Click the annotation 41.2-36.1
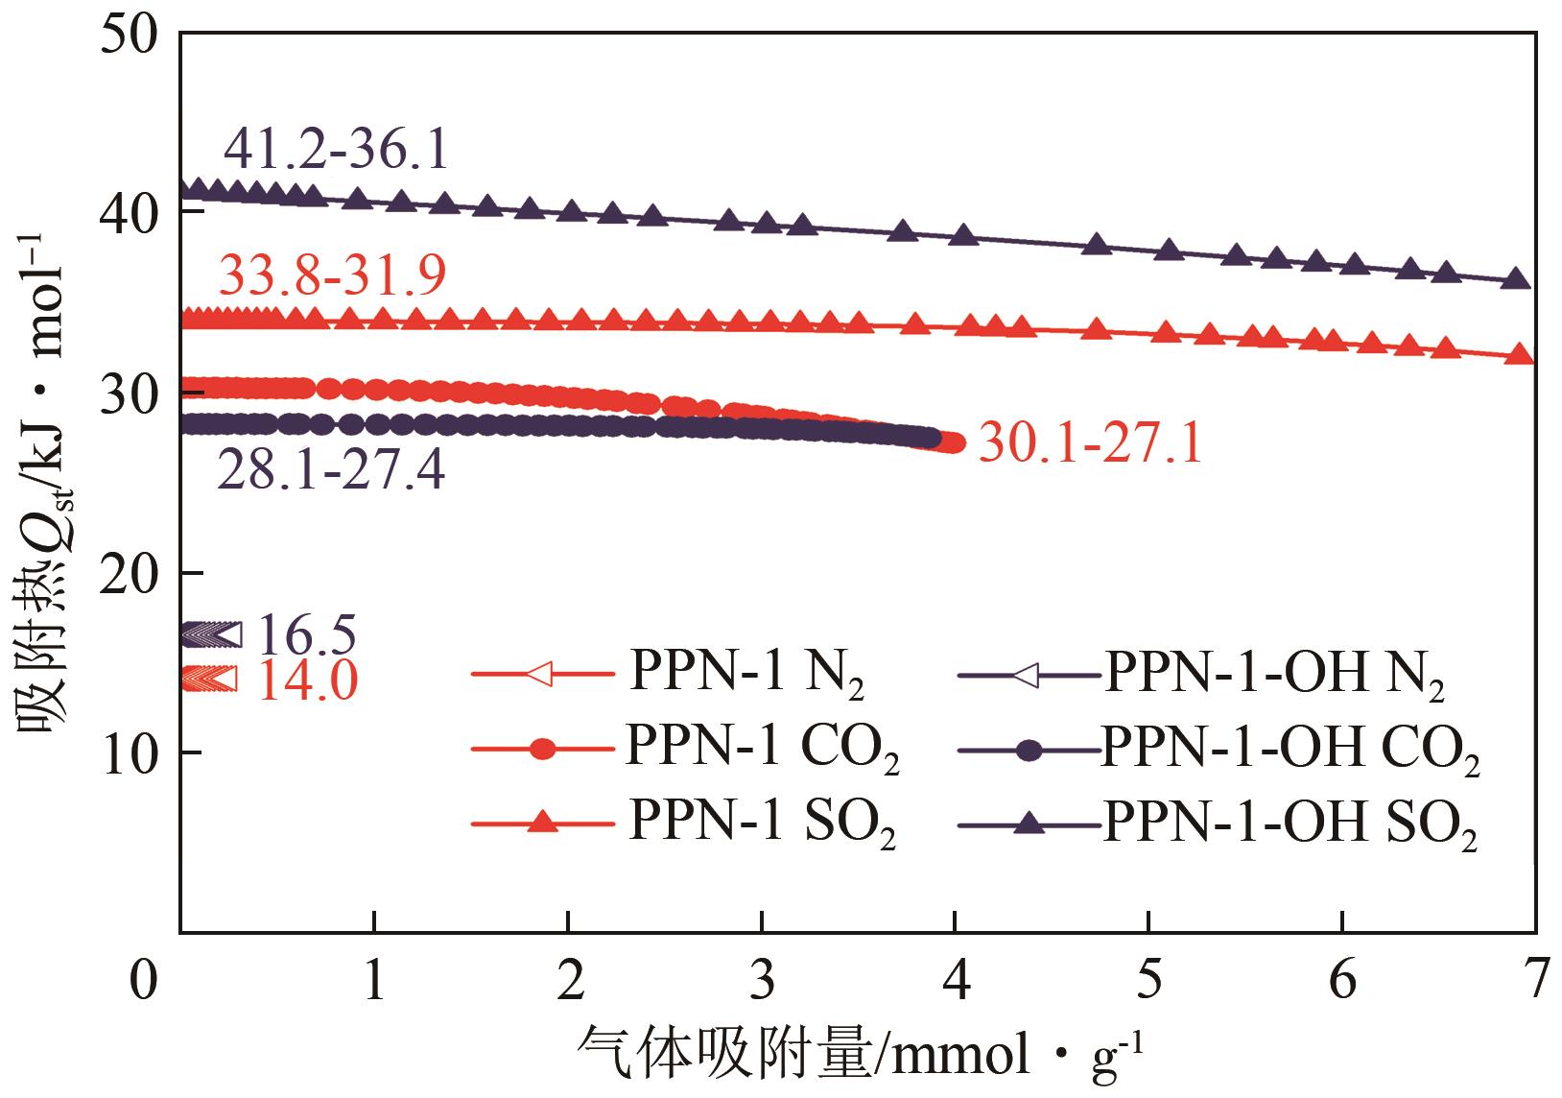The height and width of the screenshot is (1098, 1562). coord(336,150)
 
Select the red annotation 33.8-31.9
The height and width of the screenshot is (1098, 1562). coord(332,276)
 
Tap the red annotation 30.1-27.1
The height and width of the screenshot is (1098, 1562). coord(1090,446)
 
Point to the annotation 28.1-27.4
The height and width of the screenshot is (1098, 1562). coord(331,470)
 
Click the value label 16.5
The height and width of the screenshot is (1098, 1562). coord(307,634)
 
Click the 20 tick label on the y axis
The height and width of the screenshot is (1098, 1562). coord(134,573)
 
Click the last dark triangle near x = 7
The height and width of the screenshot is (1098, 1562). coord(1517,279)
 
